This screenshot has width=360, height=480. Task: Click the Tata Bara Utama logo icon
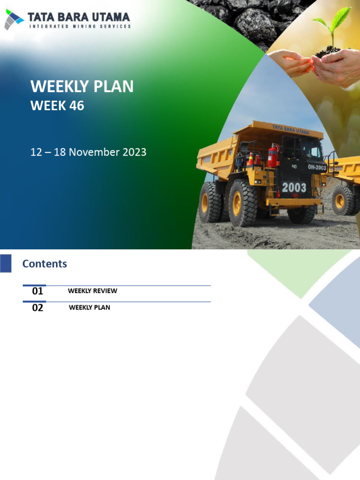tap(14, 19)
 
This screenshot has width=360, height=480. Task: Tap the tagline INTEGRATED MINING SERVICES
tap(80, 27)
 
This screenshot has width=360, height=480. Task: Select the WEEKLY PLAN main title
tap(82, 87)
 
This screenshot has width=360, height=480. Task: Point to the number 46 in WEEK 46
tap(76, 106)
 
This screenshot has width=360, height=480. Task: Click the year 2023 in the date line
tap(134, 152)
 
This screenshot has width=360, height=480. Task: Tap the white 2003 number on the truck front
tap(294, 188)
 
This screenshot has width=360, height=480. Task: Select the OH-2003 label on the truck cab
tap(317, 167)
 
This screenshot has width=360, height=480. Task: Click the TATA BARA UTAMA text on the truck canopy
tap(291, 129)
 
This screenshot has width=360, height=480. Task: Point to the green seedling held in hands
tap(334, 23)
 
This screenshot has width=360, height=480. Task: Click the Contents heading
tap(45, 264)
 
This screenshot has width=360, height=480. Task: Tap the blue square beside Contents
tap(6, 263)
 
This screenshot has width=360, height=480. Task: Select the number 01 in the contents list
tap(37, 291)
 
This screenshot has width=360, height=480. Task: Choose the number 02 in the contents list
tap(37, 308)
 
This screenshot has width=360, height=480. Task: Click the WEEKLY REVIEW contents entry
tap(92, 291)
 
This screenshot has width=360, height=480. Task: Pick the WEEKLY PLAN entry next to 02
tap(90, 307)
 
